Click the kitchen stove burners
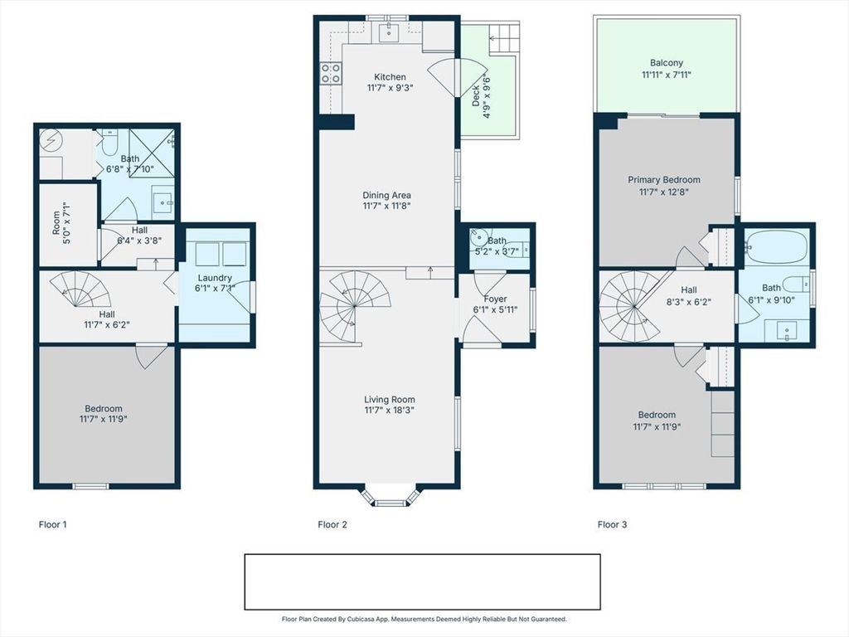331,73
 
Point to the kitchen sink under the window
388,32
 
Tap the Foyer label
495,299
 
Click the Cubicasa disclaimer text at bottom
424,619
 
